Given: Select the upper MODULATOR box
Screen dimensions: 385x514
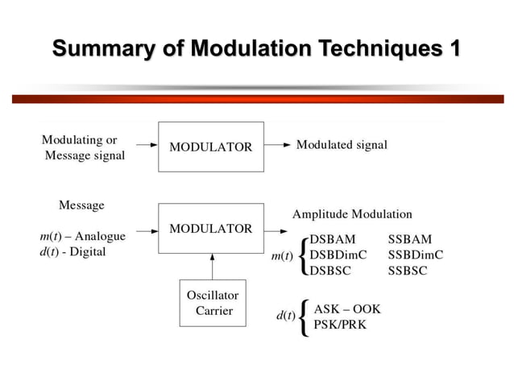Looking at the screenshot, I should pos(210,147).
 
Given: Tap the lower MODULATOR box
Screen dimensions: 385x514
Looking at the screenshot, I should pos(210,228).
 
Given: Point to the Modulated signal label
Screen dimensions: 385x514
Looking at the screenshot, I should pos(342,145).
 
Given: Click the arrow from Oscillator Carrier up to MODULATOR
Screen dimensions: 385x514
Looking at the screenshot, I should pos(213,266).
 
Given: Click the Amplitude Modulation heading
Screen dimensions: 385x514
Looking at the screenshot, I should pos(352,214).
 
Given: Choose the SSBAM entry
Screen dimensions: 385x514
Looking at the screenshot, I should pos(409,239).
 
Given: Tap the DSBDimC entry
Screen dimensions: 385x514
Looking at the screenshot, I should pos(338,255).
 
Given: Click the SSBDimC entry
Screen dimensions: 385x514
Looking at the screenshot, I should pos(416,255).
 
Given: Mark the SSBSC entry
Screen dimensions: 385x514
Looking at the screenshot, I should pos(408,271).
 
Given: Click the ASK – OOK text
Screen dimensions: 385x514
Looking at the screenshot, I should pos(347,309).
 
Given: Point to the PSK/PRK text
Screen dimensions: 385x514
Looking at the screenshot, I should pos(341,325).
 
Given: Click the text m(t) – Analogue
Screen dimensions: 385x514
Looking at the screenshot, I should pos(82,236).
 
